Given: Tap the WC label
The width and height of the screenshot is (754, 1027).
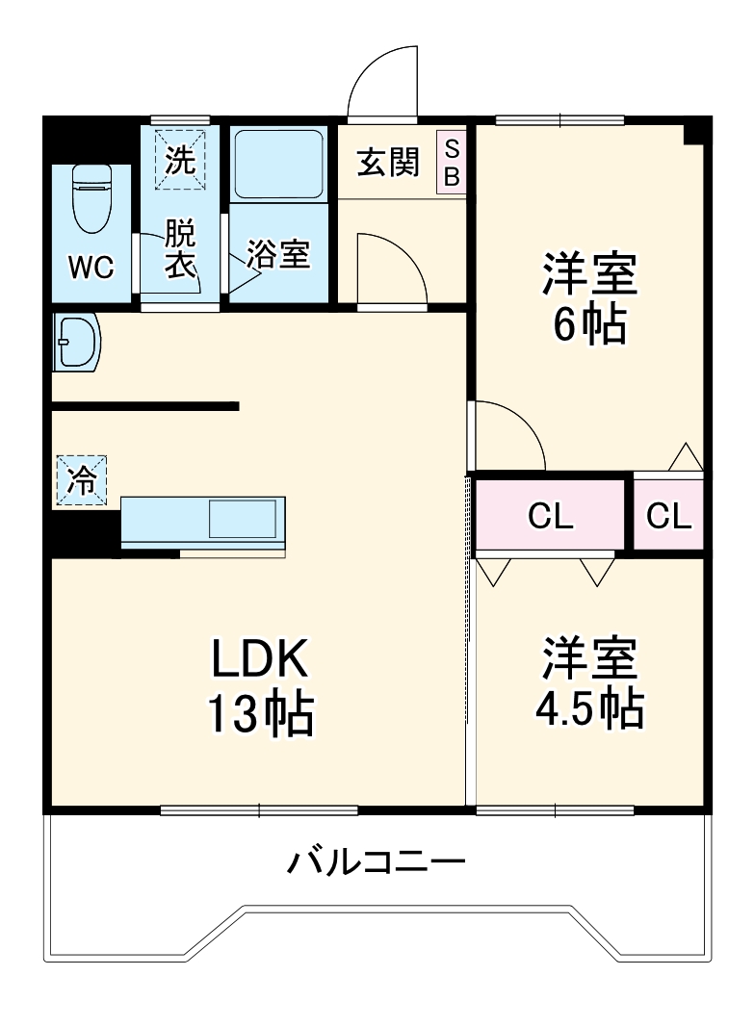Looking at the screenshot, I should pyautogui.click(x=91, y=267).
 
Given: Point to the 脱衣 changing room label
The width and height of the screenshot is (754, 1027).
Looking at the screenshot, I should pyautogui.click(x=180, y=248).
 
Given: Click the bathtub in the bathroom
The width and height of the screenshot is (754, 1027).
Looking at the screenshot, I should pyautogui.click(x=279, y=164).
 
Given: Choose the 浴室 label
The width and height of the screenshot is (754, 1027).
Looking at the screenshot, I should pyautogui.click(x=278, y=254).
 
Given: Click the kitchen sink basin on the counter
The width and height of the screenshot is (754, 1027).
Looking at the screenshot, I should pyautogui.click(x=242, y=520).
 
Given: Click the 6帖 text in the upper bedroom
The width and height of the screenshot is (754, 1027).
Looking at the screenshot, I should pyautogui.click(x=589, y=325).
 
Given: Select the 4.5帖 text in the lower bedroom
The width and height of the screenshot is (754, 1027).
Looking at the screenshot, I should pyautogui.click(x=589, y=709).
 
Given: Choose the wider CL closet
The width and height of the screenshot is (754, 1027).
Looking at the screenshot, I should pyautogui.click(x=550, y=516).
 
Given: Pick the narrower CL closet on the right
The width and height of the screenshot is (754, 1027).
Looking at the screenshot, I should pyautogui.click(x=668, y=516).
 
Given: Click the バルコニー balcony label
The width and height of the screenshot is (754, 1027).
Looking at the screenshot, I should pyautogui.click(x=377, y=860).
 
